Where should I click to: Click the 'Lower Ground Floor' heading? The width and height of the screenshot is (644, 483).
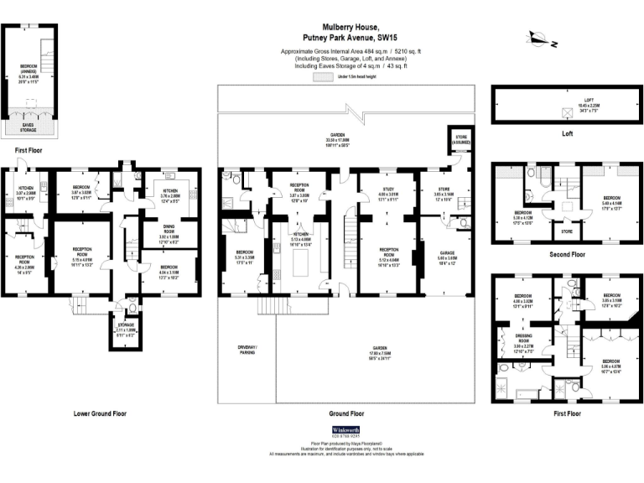tap(100, 413)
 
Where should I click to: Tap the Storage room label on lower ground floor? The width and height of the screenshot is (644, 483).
tap(125, 329)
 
